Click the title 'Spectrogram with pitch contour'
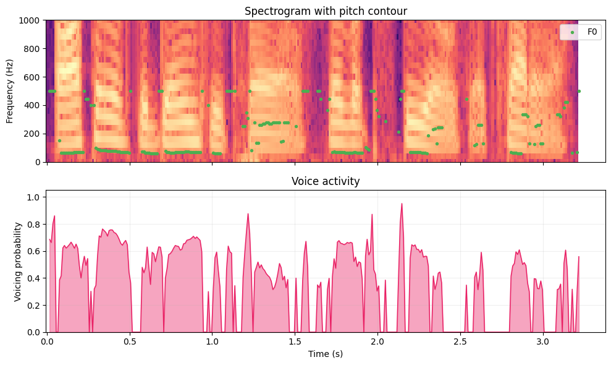[x=326, y=11]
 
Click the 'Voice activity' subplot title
[x=326, y=181]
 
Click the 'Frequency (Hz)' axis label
[x=11, y=91]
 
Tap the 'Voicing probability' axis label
[x=18, y=261]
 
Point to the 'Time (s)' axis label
[x=326, y=354]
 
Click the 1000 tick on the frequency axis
[x=32, y=20]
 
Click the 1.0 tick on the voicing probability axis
[x=36, y=197]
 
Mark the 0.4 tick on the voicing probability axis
[x=36, y=278]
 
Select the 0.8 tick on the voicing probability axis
[x=36, y=224]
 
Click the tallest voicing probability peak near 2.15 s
[x=402, y=204]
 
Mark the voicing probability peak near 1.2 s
[x=248, y=214]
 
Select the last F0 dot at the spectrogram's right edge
[x=579, y=91]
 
